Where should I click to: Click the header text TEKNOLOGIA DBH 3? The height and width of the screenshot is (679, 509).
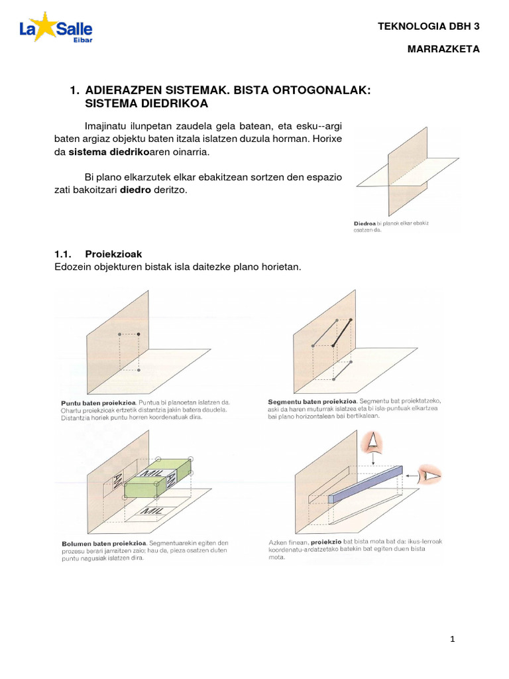(x=427, y=27)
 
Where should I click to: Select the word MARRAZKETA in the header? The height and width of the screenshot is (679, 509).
(x=447, y=50)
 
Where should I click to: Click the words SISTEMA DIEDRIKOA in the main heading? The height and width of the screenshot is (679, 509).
(x=146, y=103)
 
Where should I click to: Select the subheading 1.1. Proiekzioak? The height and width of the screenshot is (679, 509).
(x=98, y=254)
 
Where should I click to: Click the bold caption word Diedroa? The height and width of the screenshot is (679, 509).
(x=367, y=223)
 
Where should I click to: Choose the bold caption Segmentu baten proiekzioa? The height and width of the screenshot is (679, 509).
(x=312, y=401)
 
